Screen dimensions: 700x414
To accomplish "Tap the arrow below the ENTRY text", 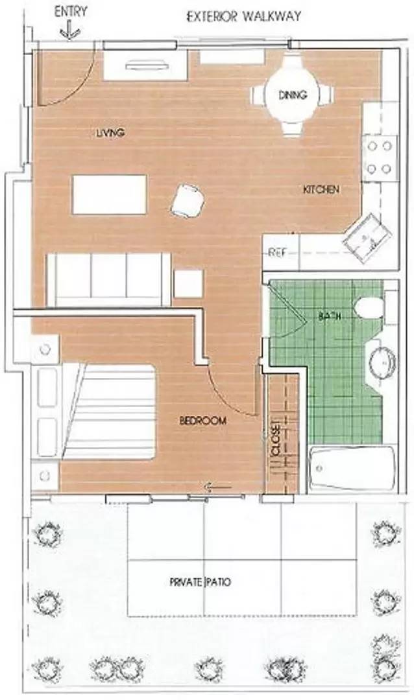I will [67, 30].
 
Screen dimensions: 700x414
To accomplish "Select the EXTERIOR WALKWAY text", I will [243, 16].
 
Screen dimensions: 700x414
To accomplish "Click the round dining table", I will [292, 96].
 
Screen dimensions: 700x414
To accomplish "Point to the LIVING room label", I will [110, 134].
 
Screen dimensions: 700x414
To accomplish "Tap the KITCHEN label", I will [321, 190].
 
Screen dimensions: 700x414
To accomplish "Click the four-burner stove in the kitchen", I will [380, 157].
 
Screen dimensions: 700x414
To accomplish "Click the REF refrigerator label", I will [278, 252].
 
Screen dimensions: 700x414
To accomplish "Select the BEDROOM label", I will [203, 421].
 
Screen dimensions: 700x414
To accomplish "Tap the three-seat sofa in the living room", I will [108, 279].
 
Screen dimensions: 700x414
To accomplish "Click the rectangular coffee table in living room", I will [109, 194].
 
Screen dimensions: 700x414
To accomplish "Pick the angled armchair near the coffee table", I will [188, 200].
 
